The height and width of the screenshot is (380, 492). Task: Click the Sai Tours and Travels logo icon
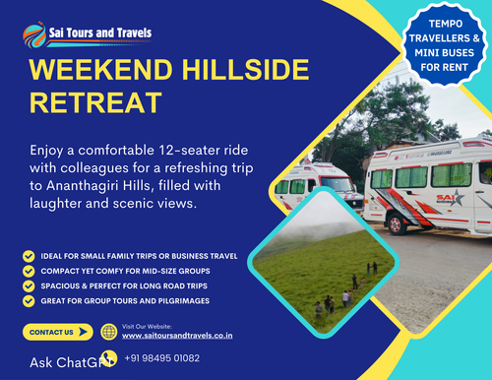pos(32,35)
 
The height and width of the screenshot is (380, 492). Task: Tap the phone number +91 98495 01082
pos(162,358)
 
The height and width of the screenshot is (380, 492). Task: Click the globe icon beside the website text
pos(108,331)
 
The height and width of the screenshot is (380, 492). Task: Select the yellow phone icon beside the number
pos(108,358)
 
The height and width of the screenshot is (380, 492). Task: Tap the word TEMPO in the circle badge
pos(430,24)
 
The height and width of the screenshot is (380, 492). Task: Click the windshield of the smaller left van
pos(333,184)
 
